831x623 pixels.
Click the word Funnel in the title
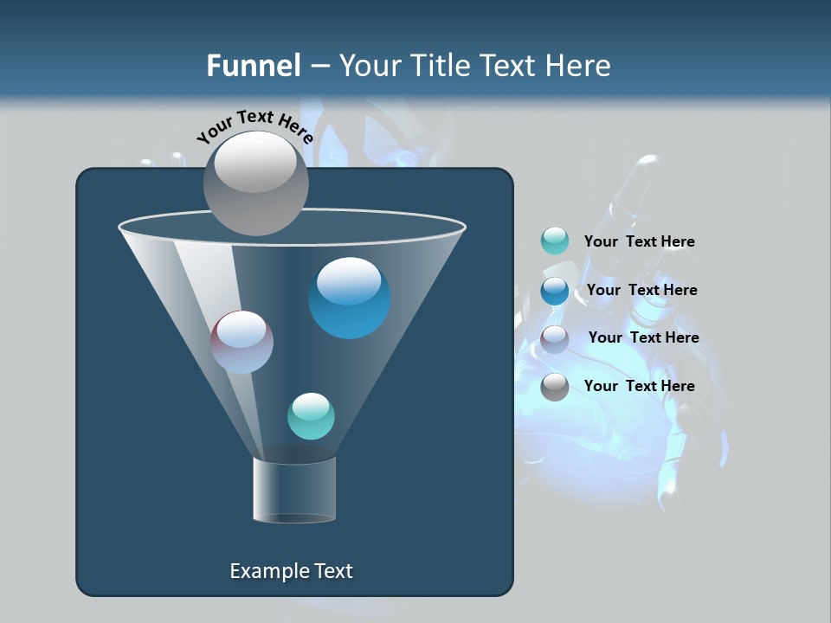pyautogui.click(x=254, y=66)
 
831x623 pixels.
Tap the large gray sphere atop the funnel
pyautogui.click(x=256, y=183)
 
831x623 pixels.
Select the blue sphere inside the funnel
pyautogui.click(x=350, y=299)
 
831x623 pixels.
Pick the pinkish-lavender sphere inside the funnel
pyautogui.click(x=242, y=342)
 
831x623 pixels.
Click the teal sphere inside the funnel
pyautogui.click(x=311, y=416)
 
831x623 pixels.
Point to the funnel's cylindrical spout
pyautogui.click(x=294, y=490)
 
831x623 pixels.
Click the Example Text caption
pyautogui.click(x=291, y=571)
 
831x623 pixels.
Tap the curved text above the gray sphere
pyautogui.click(x=254, y=126)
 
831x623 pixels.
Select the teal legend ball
pyautogui.click(x=555, y=241)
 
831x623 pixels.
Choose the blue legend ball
pyautogui.click(x=555, y=290)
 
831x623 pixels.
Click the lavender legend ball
pyautogui.click(x=555, y=338)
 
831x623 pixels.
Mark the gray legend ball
pyautogui.click(x=555, y=387)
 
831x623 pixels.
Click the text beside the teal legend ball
pyautogui.click(x=639, y=242)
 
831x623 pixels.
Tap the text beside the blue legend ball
pyautogui.click(x=641, y=291)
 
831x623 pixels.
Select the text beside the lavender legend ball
pyautogui.click(x=643, y=338)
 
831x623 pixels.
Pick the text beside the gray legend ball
pyautogui.click(x=639, y=387)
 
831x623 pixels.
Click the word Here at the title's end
pyautogui.click(x=580, y=66)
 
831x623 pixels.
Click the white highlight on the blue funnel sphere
pyautogui.click(x=349, y=280)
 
